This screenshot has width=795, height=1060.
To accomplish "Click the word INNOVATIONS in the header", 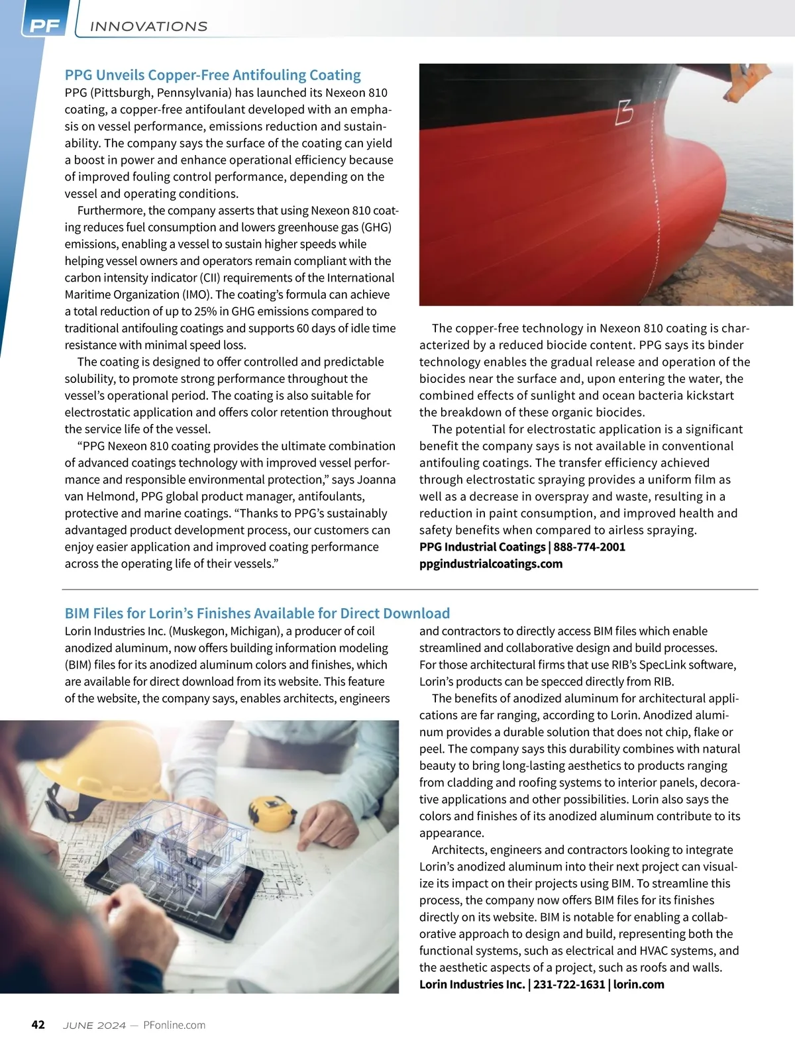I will click(x=148, y=26).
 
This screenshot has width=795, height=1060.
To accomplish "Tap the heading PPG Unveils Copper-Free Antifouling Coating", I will click(x=213, y=75).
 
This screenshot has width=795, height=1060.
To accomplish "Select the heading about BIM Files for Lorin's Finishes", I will click(x=257, y=613).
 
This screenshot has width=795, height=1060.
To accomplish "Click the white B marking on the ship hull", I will click(x=623, y=112).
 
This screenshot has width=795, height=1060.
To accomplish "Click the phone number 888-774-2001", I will click(x=589, y=547).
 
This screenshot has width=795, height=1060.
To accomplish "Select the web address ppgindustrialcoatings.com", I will click(x=491, y=564).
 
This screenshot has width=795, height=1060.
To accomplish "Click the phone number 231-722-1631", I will click(x=569, y=984).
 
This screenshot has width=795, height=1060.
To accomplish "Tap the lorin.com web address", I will click(x=639, y=984).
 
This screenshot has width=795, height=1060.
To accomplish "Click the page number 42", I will click(x=38, y=1025).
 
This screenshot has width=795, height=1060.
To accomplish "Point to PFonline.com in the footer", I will click(x=174, y=1025).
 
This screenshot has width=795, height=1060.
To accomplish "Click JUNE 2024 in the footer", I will click(x=94, y=1025).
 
